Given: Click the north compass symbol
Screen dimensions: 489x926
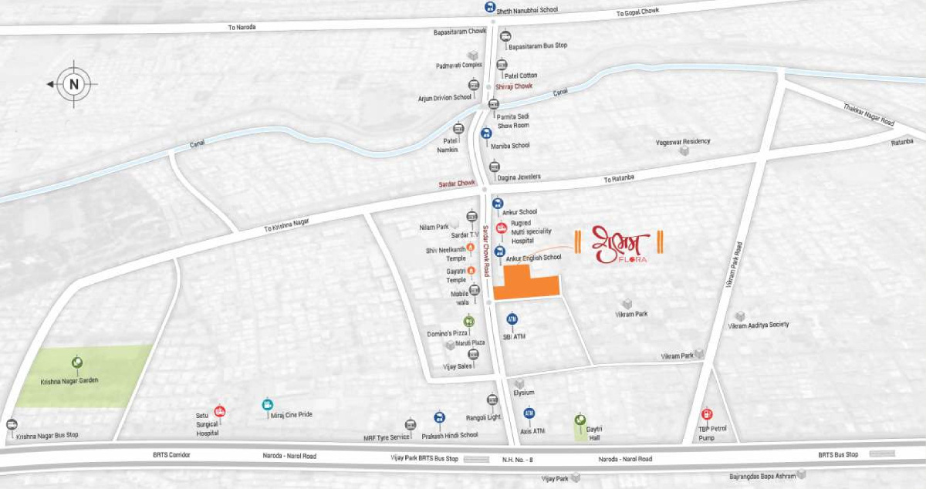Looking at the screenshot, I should pyautogui.click(x=74, y=84).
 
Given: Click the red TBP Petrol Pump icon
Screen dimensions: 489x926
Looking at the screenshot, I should pyautogui.click(x=707, y=414).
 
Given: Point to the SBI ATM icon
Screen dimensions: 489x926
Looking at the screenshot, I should pyautogui.click(x=511, y=319).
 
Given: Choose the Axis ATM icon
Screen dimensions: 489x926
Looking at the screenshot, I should pyautogui.click(x=529, y=414).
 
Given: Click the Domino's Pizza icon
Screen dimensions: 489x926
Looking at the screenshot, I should pyautogui.click(x=468, y=322).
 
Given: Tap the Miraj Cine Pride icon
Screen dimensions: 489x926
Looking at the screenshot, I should pyautogui.click(x=267, y=403).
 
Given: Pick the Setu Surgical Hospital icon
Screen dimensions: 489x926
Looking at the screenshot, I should pyautogui.click(x=220, y=411).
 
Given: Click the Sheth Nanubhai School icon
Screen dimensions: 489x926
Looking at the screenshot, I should pyautogui.click(x=489, y=7).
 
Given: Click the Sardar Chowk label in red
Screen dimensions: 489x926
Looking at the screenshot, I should pyautogui.click(x=456, y=184).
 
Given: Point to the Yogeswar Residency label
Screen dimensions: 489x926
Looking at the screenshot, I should pyautogui.click(x=683, y=141).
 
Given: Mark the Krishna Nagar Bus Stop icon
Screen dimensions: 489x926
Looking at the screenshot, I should pyautogui.click(x=11, y=424).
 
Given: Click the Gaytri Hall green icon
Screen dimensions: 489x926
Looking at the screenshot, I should pyautogui.click(x=580, y=420).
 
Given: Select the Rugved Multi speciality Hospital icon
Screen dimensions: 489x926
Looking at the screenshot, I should pyautogui.click(x=501, y=228).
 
